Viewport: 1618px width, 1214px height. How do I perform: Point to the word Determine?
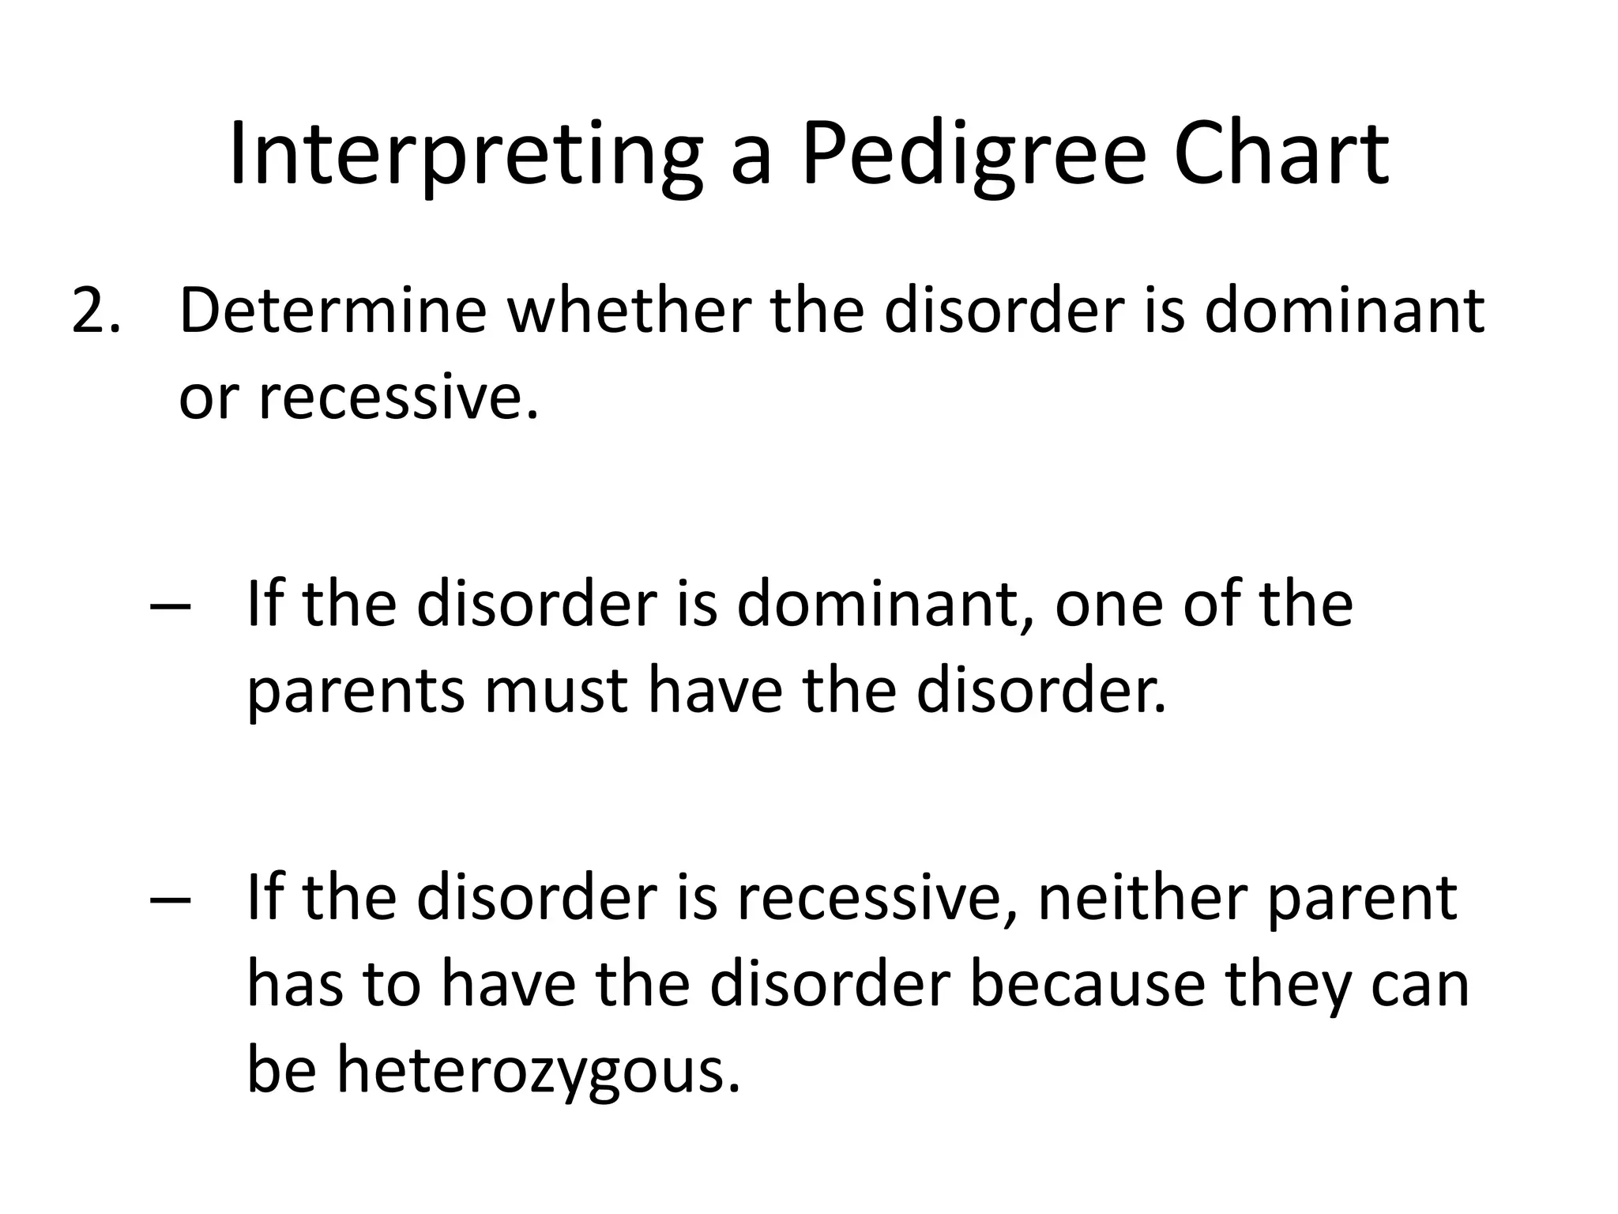point(333,311)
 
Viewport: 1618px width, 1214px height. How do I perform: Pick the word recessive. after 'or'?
point(398,398)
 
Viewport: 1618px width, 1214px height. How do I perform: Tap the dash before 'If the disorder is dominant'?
point(169,607)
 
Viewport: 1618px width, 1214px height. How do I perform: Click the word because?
point(1087,986)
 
